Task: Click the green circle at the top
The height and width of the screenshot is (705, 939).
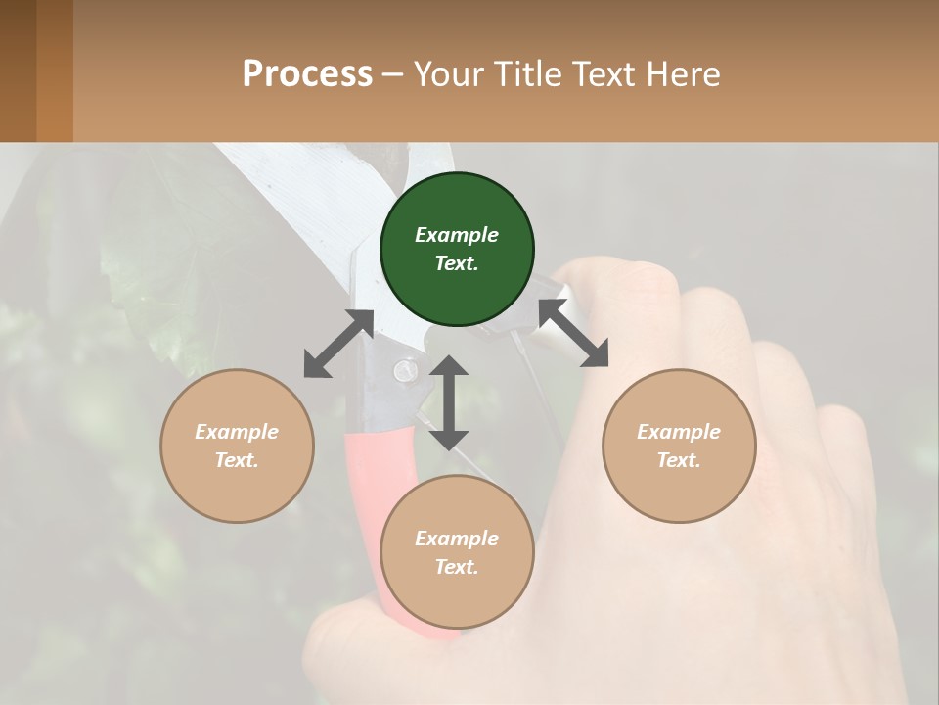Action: click(457, 250)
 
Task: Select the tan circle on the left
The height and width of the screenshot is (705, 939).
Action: click(237, 446)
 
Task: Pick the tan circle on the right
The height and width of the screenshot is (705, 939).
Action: click(679, 446)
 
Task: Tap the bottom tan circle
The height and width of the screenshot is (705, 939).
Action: click(457, 552)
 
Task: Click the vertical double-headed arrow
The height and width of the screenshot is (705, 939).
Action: click(449, 402)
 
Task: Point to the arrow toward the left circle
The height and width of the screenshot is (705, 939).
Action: click(338, 344)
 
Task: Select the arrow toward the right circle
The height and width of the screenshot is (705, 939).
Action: click(573, 332)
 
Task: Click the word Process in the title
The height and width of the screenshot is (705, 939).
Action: click(307, 73)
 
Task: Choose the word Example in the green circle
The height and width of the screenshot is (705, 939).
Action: click(457, 235)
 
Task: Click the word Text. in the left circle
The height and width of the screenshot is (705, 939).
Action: click(237, 460)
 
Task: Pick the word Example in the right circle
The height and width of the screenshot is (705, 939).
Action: click(679, 431)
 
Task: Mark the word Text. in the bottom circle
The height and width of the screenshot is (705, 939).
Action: click(457, 567)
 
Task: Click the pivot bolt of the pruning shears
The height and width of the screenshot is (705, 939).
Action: click(403, 369)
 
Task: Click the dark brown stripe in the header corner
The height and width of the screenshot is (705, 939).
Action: click(18, 70)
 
